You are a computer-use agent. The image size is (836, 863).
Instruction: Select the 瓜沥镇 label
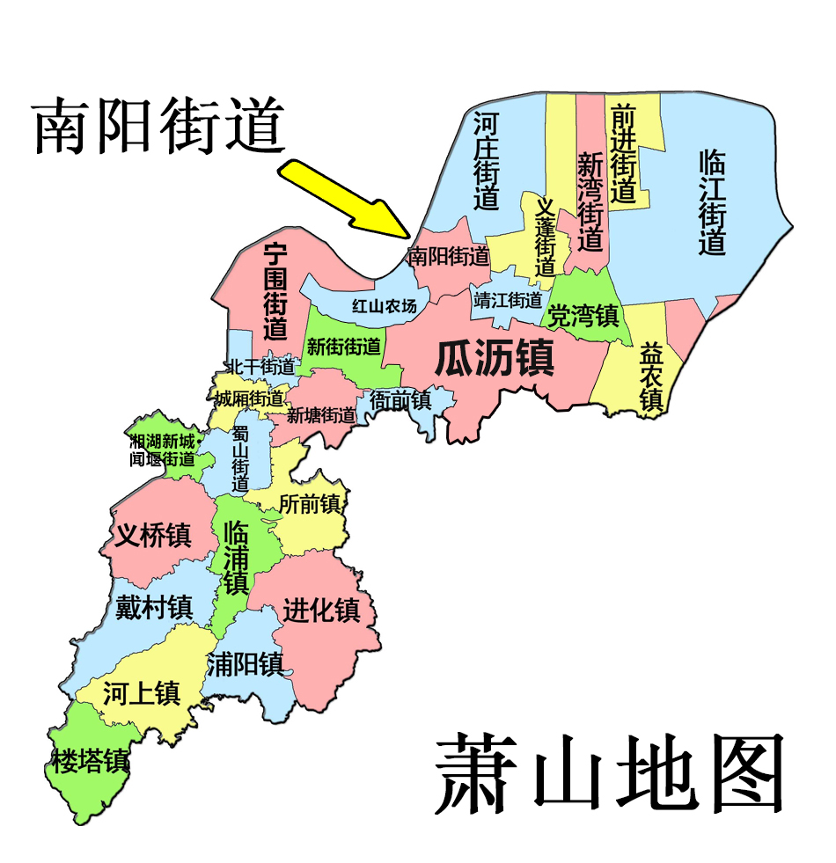[495, 359]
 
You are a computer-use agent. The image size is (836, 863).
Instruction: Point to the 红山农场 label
[384, 306]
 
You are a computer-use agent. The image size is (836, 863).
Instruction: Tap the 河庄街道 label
[486, 159]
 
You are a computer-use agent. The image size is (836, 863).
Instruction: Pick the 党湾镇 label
[583, 315]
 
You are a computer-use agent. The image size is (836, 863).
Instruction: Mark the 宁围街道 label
[275, 292]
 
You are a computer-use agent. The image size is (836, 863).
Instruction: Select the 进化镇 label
[321, 610]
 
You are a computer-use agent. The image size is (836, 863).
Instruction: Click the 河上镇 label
[142, 693]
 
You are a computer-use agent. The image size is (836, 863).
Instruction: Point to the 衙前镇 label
[400, 400]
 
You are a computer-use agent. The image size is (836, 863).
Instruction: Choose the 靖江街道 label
[508, 300]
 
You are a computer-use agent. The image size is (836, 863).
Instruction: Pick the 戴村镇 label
[154, 607]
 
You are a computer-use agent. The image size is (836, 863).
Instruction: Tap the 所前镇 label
[309, 504]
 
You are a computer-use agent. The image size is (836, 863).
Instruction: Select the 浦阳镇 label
[245, 664]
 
